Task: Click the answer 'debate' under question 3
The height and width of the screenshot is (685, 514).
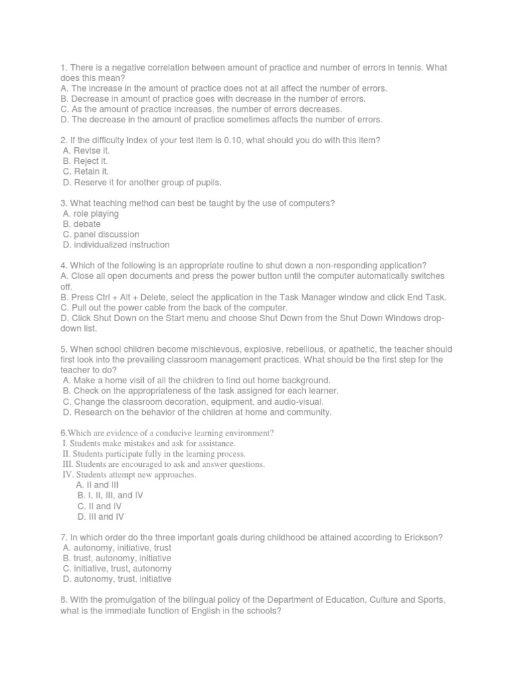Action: (87, 224)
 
